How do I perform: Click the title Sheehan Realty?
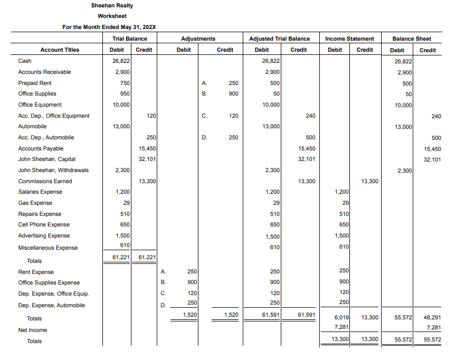coord(112,5)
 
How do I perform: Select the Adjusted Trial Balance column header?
coord(279,39)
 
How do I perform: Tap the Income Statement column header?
coord(349,39)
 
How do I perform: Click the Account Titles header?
coord(60,50)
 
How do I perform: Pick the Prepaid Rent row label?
coord(35,83)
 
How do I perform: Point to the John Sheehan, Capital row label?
coord(46,159)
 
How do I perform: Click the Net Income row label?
coord(33,330)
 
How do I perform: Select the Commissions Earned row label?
coord(45,181)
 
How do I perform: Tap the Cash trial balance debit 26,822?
coord(121,61)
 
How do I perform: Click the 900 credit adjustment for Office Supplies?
coord(233,93)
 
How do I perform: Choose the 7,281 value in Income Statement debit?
coord(341,327)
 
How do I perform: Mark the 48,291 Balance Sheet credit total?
coord(432,318)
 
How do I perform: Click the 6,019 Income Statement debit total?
coord(341,318)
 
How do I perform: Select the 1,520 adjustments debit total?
coord(189,315)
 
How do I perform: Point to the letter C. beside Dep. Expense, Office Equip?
coord(163,293)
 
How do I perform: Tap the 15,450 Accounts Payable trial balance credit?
coord(147,148)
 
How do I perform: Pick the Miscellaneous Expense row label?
coord(48,248)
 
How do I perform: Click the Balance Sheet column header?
coord(412,39)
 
